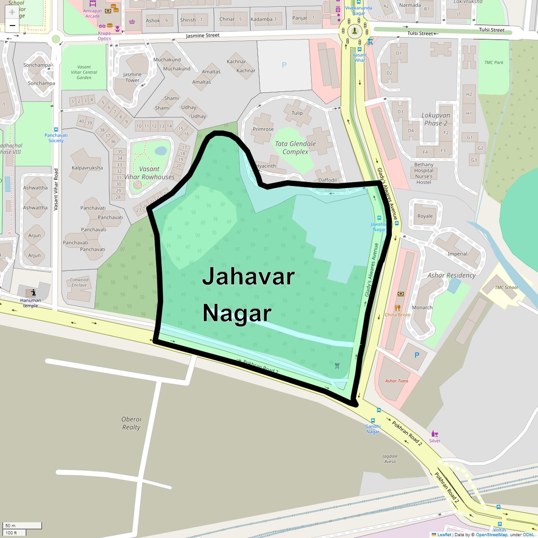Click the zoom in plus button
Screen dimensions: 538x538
12,12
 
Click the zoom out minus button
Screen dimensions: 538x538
12,25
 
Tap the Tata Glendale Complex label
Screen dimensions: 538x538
295,148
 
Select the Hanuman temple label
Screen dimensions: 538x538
31,303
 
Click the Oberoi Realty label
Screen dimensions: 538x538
131,423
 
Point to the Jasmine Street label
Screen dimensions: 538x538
202,36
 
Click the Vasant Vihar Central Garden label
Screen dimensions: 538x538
84,72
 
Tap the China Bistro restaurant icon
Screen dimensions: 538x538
397,308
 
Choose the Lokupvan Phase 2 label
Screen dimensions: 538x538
436,119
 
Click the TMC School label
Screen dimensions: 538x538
506,287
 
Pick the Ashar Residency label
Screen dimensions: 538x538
451,275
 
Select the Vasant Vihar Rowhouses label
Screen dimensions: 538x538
149,173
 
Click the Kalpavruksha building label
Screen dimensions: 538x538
87,168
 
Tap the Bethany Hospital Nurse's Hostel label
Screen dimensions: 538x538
424,173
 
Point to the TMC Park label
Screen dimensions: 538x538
494,62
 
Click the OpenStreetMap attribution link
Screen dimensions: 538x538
491,535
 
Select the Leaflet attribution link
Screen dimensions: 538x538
444,535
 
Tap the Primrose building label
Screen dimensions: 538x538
263,129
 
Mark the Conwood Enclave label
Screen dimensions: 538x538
79,282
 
